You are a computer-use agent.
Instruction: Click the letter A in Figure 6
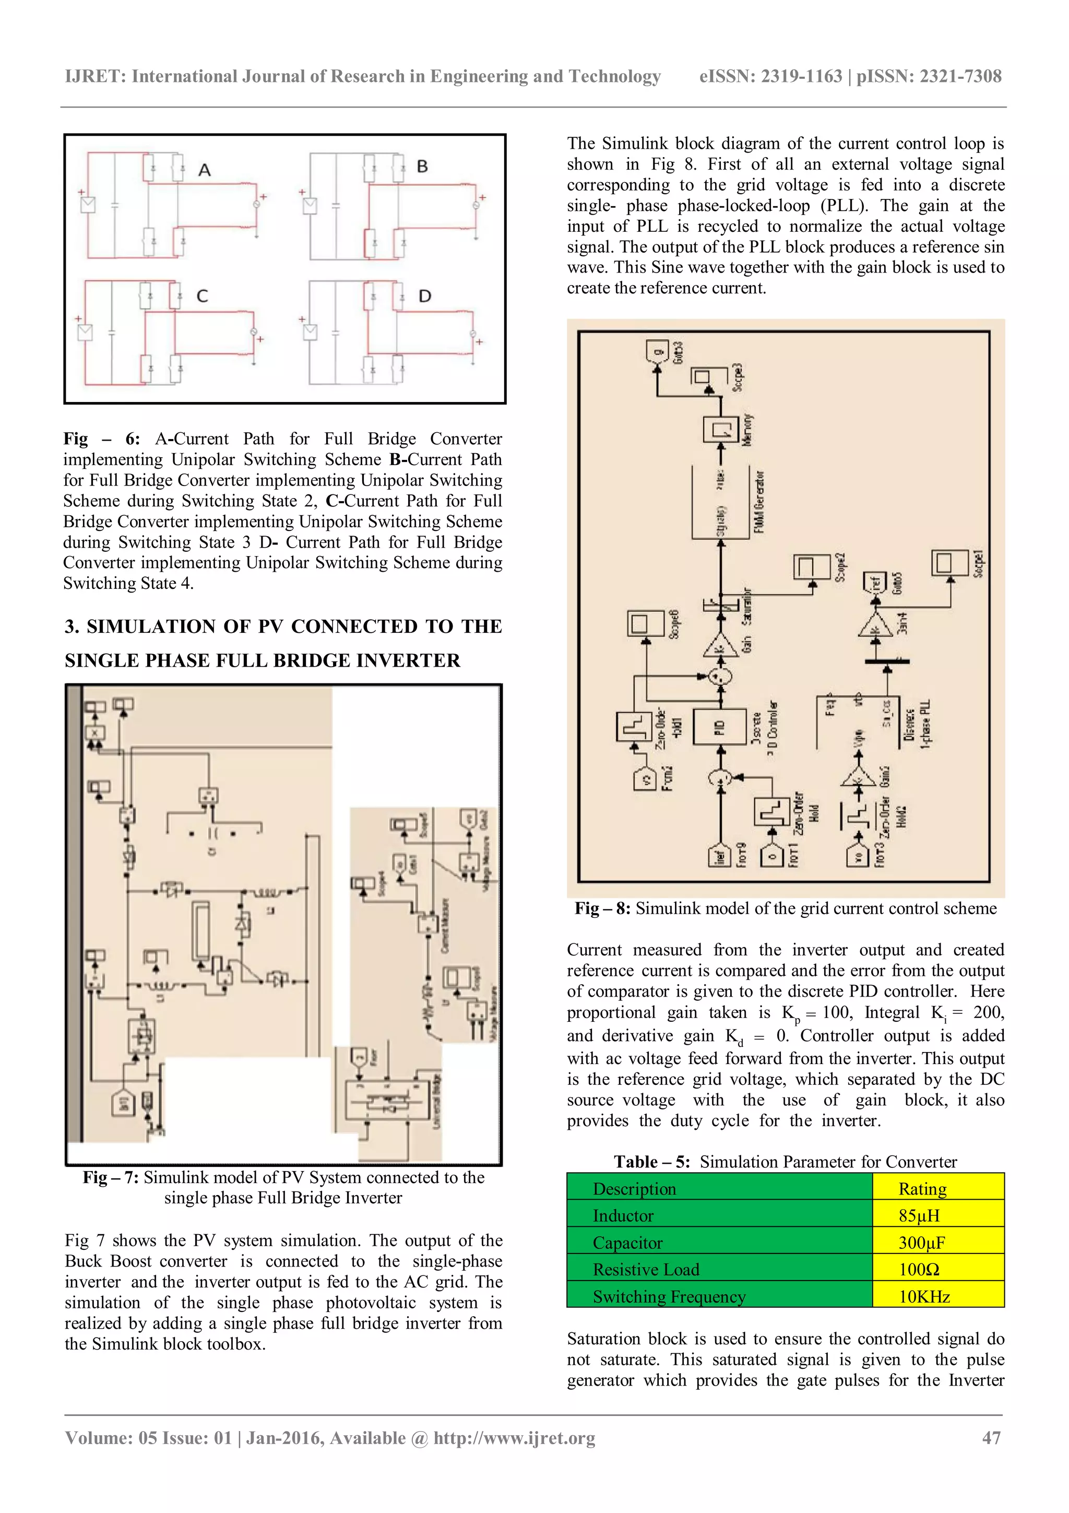pyautogui.click(x=204, y=170)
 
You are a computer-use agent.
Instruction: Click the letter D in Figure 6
pyautogui.click(x=425, y=297)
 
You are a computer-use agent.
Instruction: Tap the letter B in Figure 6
pyautogui.click(x=422, y=167)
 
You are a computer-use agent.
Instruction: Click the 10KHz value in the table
pyautogui.click(x=924, y=1297)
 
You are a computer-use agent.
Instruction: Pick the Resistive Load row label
pyautogui.click(x=646, y=1270)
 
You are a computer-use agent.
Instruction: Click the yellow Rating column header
pyautogui.click(x=922, y=1189)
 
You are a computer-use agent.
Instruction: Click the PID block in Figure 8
pyautogui.click(x=719, y=727)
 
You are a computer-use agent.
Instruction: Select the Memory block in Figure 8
pyautogui.click(x=720, y=429)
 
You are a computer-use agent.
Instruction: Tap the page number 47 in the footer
pyautogui.click(x=991, y=1438)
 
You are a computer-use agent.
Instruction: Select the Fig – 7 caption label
pyautogui.click(x=110, y=1178)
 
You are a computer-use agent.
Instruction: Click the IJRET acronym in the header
pyautogui.click(x=95, y=76)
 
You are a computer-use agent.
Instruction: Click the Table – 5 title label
pyautogui.click(x=651, y=1162)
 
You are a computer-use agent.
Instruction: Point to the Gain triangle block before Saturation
pyautogui.click(x=719, y=646)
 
